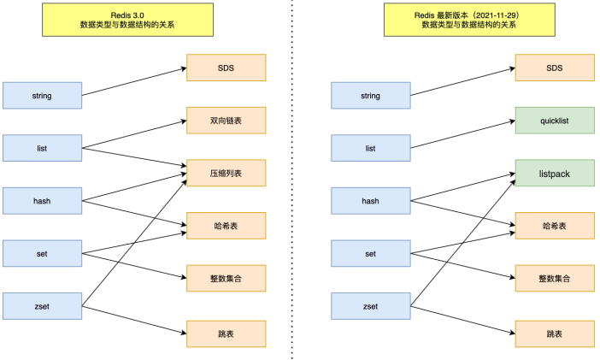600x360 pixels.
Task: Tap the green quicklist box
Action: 554,121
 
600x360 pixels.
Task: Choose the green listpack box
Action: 554,173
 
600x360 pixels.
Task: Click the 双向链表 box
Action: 226,121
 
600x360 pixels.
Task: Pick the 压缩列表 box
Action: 226,173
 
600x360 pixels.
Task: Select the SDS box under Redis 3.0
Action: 226,68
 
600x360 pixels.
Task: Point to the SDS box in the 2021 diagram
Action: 554,68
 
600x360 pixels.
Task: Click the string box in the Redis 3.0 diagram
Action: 42,95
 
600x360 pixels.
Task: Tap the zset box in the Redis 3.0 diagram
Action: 42,305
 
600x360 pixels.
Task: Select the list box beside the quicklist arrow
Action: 370,148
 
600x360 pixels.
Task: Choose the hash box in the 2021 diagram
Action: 370,200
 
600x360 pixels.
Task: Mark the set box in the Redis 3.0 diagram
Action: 42,253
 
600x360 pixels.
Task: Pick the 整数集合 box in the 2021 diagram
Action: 554,278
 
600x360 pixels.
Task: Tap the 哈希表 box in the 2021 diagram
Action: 554,226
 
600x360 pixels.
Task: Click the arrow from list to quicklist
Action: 462,133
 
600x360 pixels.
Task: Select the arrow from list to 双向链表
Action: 133,133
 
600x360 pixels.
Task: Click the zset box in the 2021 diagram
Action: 370,305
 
